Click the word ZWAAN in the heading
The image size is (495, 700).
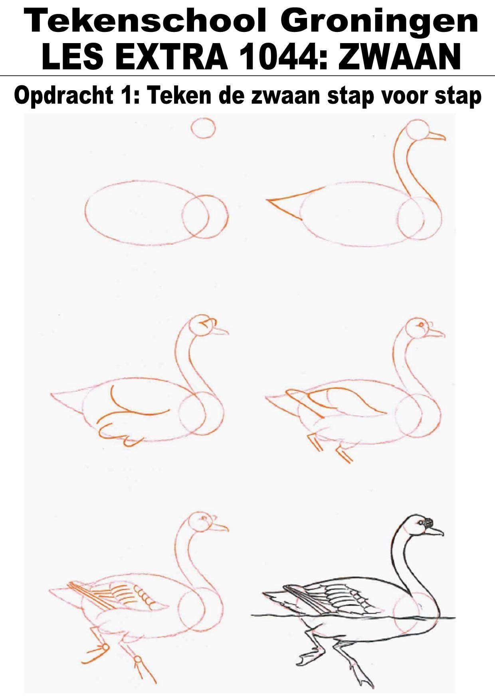pyautogui.click(x=400, y=57)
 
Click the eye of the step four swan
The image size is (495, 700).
pyautogui.click(x=420, y=325)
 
